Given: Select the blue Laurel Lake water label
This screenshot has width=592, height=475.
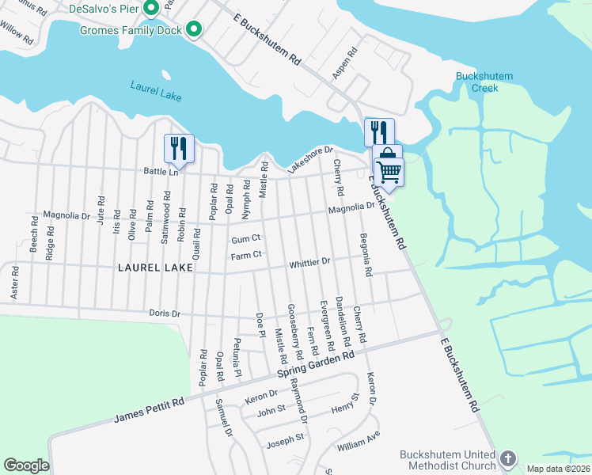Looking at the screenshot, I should (x=156, y=91).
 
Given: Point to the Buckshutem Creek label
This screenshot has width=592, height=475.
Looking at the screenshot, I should (x=484, y=82).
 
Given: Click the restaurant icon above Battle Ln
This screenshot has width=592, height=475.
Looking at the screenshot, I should (x=179, y=148).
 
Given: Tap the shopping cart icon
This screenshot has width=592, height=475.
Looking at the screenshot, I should (x=389, y=170).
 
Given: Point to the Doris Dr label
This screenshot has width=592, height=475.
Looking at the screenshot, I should (x=165, y=313).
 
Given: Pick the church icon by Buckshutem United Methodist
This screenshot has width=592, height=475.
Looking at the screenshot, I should (x=507, y=458).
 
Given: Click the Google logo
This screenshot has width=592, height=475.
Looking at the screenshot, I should (x=26, y=465).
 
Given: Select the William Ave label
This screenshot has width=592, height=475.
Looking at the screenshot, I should (x=359, y=442).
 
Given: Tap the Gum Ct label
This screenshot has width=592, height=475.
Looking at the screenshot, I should (x=246, y=239).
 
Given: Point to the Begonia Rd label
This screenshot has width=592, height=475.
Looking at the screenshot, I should (x=366, y=254).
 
